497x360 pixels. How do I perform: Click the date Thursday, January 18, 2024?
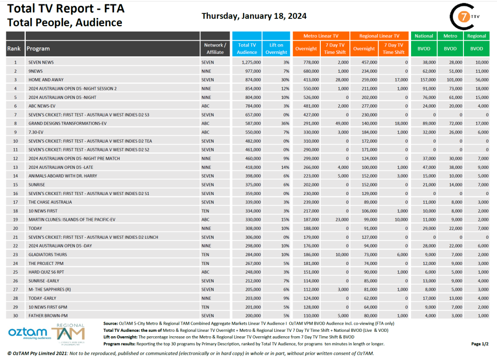point(254,16)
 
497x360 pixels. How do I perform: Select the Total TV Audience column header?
point(247,49)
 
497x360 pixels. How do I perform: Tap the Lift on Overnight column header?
point(277,49)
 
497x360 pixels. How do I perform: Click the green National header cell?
point(424,36)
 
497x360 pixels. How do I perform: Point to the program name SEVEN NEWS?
point(41,62)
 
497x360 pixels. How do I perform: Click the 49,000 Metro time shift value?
point(340,123)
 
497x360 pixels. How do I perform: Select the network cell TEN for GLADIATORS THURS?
point(205,254)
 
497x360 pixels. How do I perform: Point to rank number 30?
point(16,315)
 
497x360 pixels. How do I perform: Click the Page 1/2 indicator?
point(479,344)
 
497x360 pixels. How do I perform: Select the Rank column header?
point(14,49)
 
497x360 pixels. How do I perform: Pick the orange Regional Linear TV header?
point(379,36)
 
